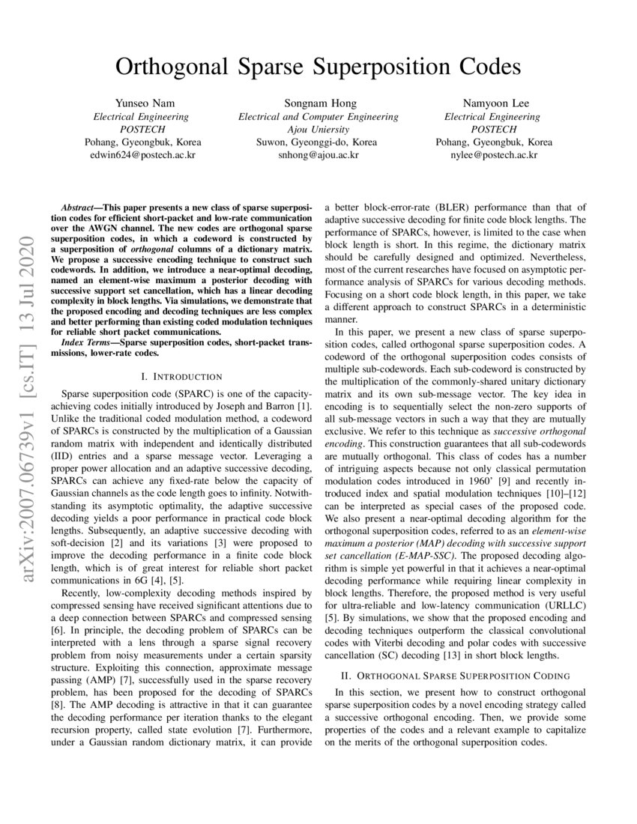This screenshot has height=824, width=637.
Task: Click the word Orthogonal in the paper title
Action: click(x=171, y=67)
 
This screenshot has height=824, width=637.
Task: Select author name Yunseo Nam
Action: click(x=141, y=103)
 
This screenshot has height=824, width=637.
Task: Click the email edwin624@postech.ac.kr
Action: click(x=141, y=154)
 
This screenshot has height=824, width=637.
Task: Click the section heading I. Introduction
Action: click(x=176, y=376)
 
